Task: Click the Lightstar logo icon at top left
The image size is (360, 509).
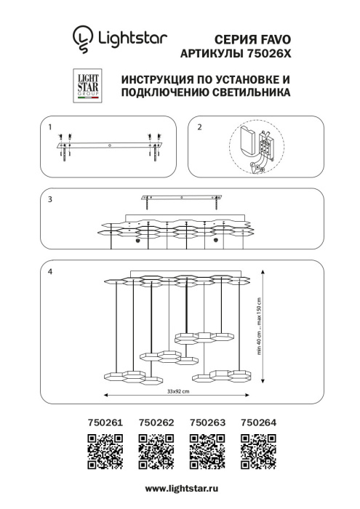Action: coord(81,37)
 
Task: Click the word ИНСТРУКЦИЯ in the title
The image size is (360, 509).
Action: coord(154,79)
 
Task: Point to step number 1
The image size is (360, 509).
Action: coord(49,127)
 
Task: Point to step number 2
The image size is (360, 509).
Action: coord(200,127)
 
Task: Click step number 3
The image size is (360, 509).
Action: coord(49,199)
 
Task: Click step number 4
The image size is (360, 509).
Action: coord(49,271)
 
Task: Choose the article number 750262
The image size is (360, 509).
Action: coord(153,421)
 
